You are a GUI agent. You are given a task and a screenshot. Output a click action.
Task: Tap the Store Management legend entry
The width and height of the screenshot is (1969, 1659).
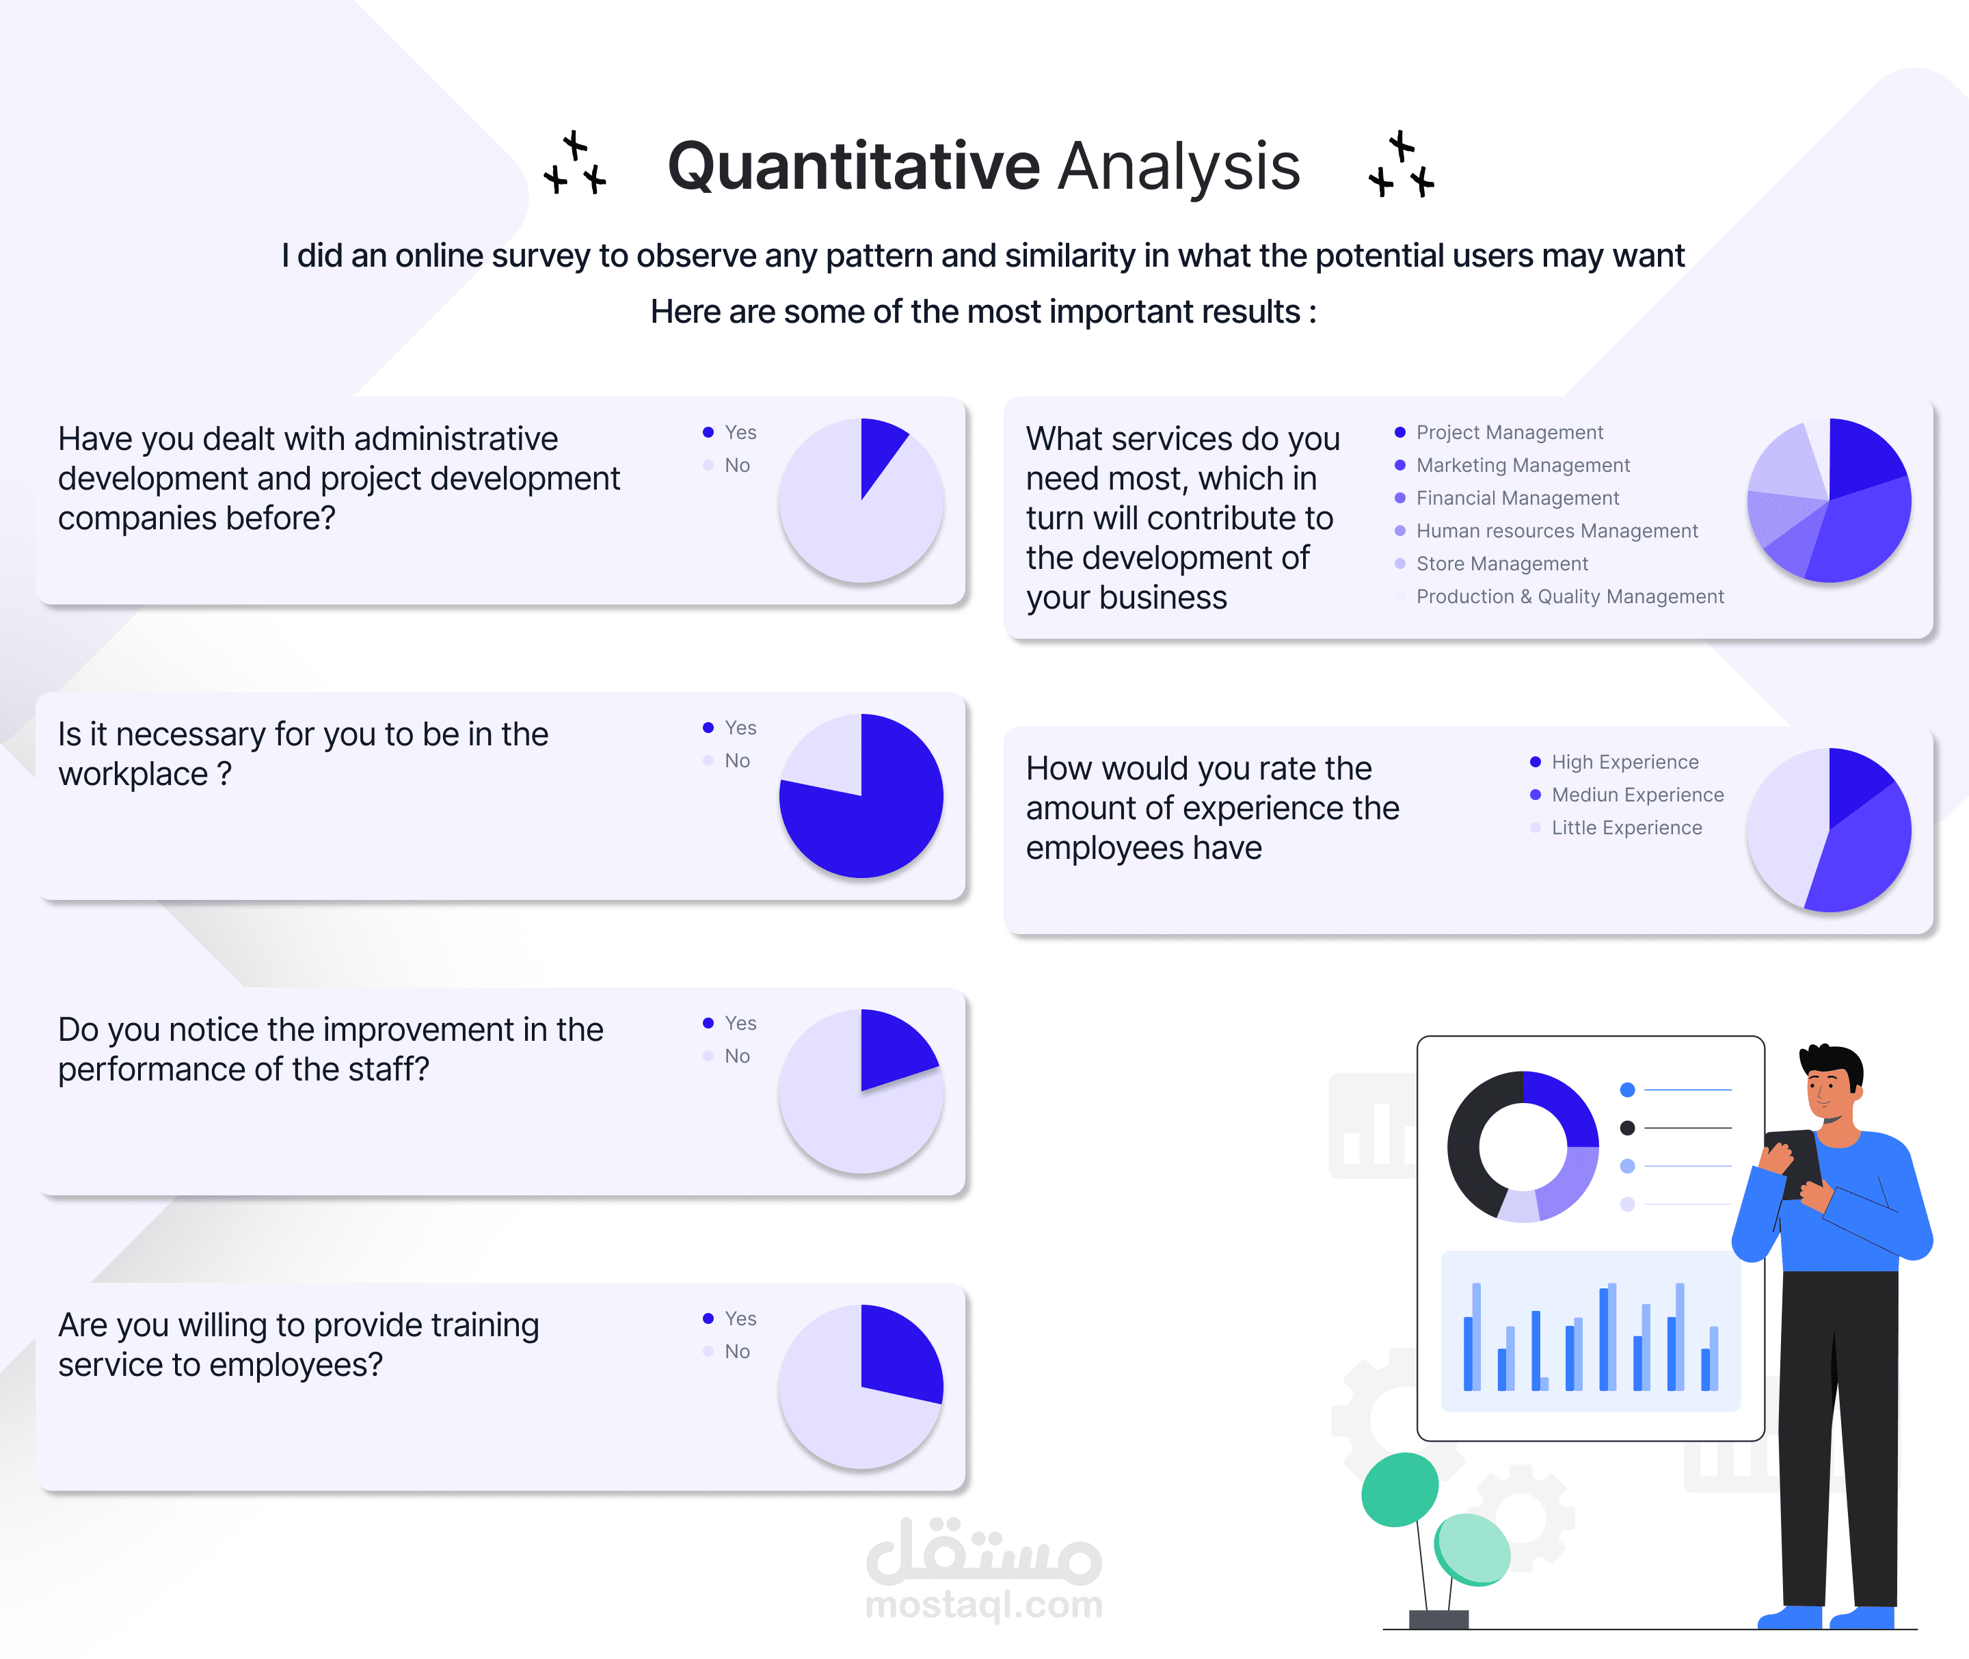(x=1491, y=564)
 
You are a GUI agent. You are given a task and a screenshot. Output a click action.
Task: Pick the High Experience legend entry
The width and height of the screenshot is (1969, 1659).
(x=1614, y=762)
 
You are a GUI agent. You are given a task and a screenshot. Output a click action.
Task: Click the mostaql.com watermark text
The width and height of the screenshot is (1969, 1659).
(x=984, y=1604)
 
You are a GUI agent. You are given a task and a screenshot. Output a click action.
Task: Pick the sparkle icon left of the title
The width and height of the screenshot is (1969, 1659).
(x=574, y=163)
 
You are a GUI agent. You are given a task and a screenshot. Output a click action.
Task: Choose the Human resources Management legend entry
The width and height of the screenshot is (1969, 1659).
(x=1546, y=531)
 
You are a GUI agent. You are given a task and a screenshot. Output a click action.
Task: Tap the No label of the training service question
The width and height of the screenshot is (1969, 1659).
(x=737, y=1351)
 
